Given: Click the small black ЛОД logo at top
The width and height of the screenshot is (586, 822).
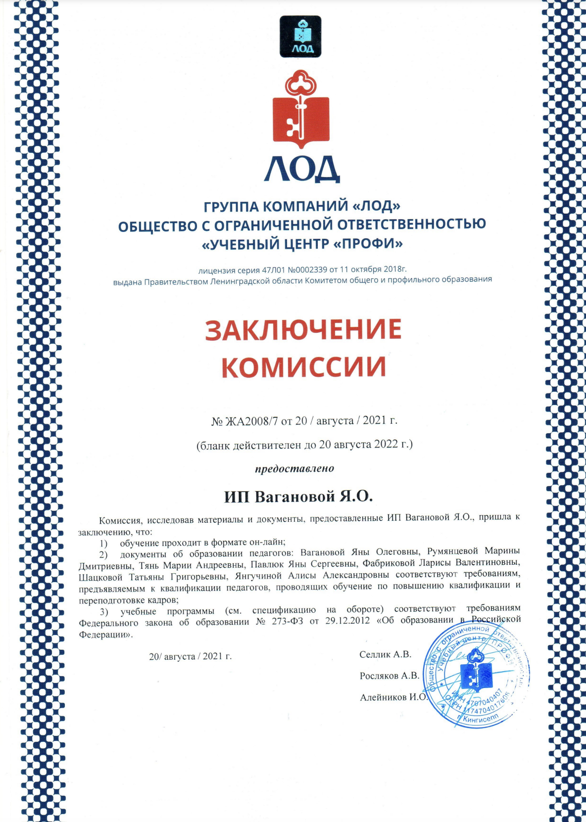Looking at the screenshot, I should (x=300, y=37).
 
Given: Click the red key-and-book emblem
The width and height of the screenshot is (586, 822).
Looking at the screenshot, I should (x=301, y=110).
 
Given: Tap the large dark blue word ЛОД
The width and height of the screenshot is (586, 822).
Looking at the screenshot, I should (x=301, y=170).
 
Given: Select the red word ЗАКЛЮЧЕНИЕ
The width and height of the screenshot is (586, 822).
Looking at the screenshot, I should (x=303, y=330).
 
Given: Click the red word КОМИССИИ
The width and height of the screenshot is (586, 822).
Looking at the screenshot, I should (x=303, y=367).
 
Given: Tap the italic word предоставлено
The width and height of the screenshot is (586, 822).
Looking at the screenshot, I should (x=294, y=468).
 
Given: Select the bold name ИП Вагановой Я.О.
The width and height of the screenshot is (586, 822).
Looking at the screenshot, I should (x=298, y=496).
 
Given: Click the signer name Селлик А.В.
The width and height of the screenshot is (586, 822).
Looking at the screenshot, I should (x=385, y=654).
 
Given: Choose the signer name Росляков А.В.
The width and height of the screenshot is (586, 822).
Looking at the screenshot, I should (x=389, y=676).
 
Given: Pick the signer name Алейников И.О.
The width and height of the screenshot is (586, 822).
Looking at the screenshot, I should (x=393, y=697).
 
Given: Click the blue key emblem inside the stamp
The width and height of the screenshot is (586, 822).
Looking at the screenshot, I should (x=476, y=672).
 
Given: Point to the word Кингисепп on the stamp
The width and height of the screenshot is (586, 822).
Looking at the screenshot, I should (x=481, y=720).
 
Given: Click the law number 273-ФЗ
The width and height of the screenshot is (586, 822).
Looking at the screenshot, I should (x=287, y=621).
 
